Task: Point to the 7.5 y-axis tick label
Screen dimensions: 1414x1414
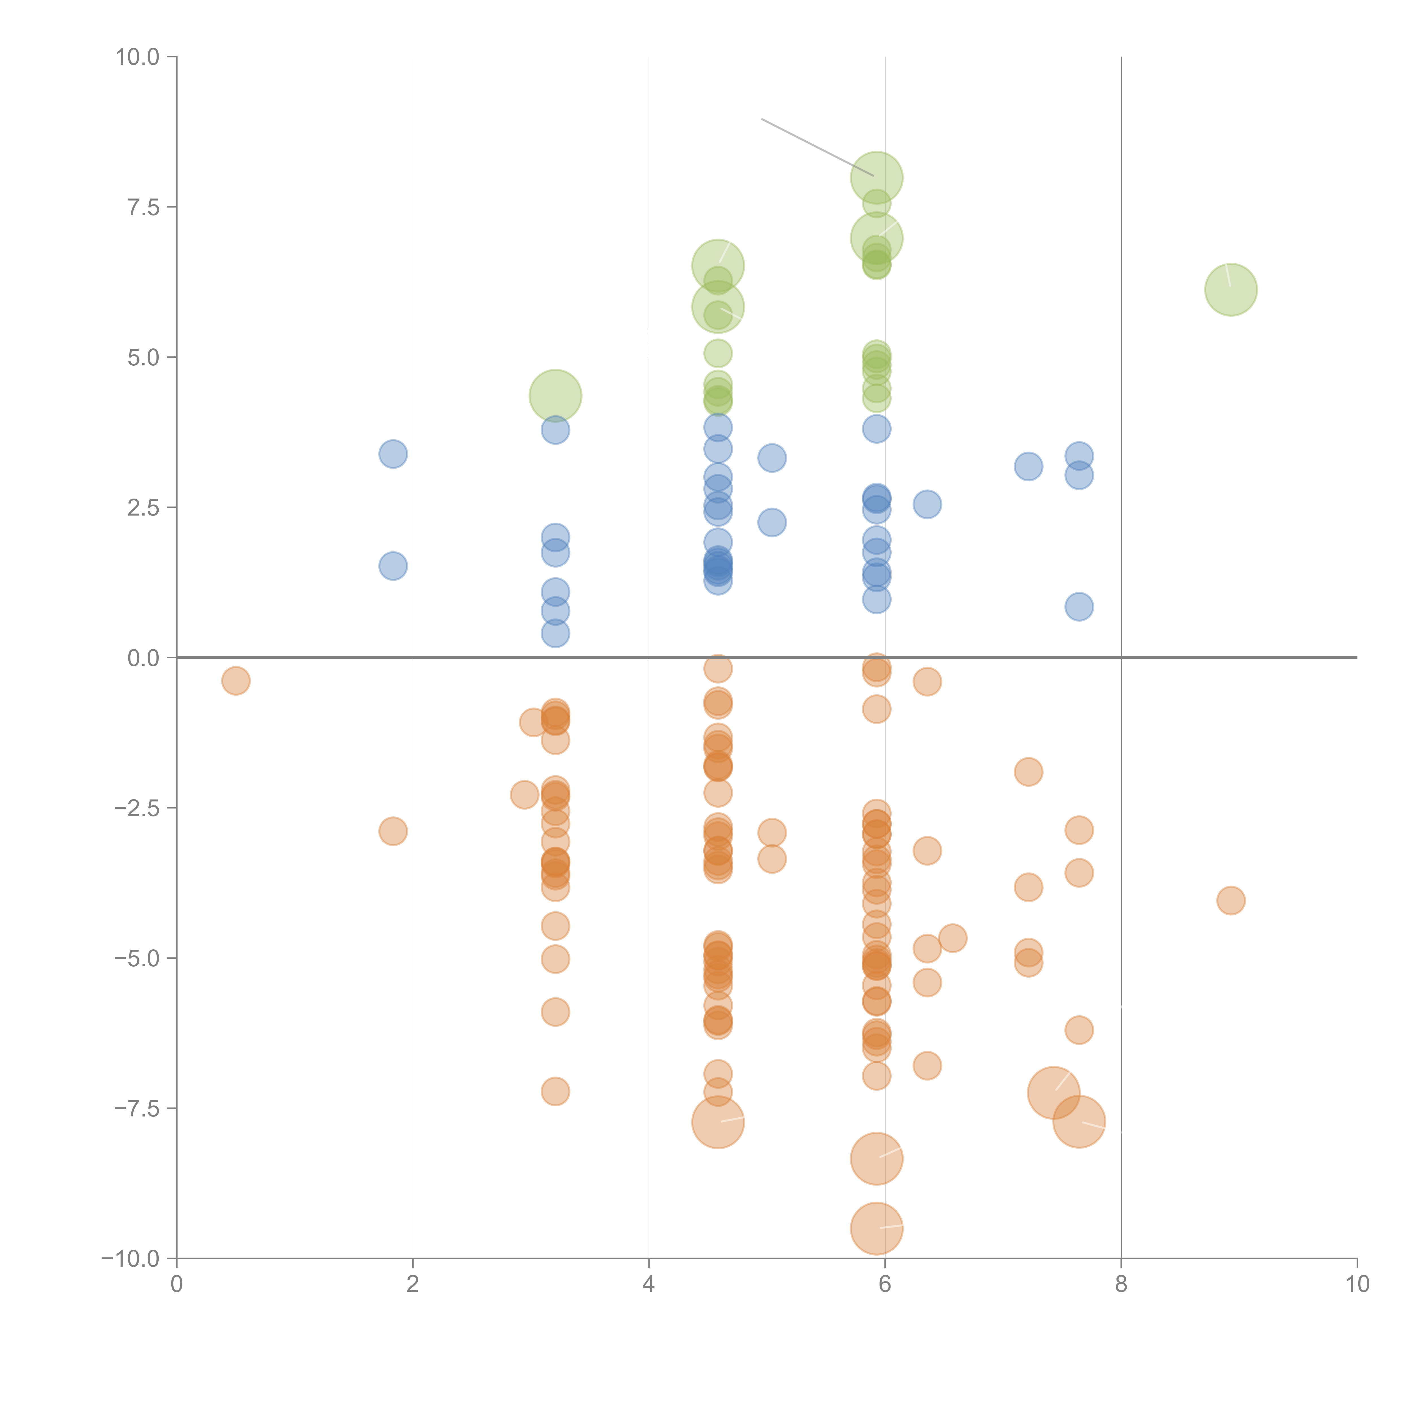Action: click(143, 207)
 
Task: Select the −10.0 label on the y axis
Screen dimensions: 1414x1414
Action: click(130, 1259)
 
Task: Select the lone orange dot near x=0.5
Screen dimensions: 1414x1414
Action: click(236, 681)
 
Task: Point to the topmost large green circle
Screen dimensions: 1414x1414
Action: click(876, 178)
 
